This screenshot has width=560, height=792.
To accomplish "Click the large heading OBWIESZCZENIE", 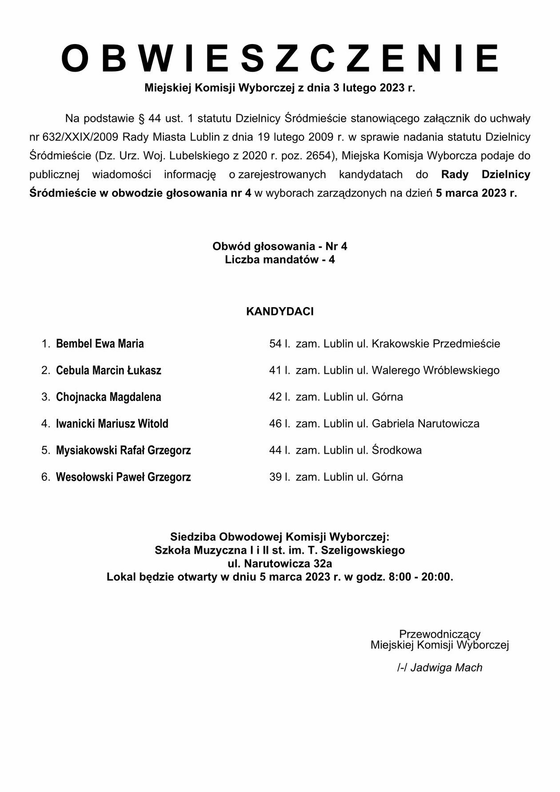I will tap(280, 59).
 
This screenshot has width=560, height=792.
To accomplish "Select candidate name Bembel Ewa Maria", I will tap(100, 344).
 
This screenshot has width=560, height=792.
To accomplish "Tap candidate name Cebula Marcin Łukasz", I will tap(108, 370).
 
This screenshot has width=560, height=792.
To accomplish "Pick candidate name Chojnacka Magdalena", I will tap(108, 397).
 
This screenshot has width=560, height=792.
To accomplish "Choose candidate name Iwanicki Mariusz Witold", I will tap(112, 424).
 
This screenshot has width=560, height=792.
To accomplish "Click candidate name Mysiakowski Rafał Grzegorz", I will tap(123, 450).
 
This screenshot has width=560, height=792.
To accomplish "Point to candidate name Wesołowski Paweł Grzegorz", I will tap(123, 477).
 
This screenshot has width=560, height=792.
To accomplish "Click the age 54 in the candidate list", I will tap(275, 344).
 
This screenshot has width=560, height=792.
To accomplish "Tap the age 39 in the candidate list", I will tap(275, 477).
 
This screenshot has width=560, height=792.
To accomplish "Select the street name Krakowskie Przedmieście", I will tap(436, 344).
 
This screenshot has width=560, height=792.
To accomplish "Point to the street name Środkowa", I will tap(396, 450).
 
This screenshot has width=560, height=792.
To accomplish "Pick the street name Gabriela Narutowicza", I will tap(425, 424).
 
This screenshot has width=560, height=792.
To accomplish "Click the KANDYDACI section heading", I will tap(280, 312).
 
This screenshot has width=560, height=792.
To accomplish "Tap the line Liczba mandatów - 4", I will tap(280, 260).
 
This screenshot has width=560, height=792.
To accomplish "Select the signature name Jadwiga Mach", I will tap(446, 668).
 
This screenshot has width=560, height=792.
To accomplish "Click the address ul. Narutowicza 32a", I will tap(280, 564).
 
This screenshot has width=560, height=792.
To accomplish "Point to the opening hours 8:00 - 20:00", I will tap(420, 577).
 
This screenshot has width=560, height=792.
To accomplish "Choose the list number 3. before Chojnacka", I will tap(46, 397).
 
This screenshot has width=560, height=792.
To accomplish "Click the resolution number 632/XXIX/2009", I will tap(80, 137).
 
